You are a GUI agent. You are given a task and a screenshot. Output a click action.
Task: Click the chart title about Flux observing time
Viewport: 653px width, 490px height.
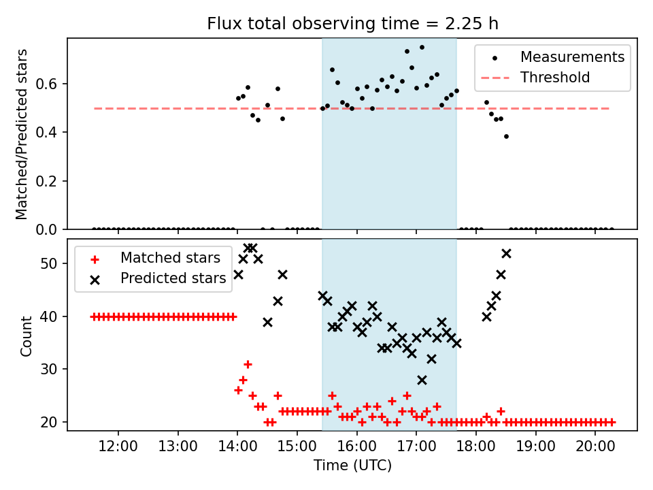click(352, 24)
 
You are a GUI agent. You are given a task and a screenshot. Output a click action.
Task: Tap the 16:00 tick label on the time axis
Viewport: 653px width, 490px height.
click(356, 448)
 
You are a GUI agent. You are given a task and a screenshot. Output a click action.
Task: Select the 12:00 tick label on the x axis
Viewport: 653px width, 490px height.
click(118, 448)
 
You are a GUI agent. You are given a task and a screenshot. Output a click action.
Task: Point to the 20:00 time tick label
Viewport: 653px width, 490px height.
click(595, 448)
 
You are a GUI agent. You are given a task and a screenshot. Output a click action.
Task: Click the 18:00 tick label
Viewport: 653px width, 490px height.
click(476, 448)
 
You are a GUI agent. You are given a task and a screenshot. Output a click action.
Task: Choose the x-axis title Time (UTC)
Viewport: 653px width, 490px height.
click(352, 466)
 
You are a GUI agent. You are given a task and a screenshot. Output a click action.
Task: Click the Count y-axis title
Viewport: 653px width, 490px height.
click(27, 336)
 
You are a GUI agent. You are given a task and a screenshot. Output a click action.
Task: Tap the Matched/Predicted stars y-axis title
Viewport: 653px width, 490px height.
click(22, 134)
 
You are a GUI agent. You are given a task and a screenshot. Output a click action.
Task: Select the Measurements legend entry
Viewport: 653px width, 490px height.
click(572, 57)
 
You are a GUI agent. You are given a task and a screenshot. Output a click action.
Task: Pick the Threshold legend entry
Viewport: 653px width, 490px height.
click(555, 78)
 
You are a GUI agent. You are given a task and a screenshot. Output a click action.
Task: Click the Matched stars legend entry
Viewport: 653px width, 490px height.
click(170, 258)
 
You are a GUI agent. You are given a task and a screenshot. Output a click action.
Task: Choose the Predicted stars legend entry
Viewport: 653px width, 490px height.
click(173, 278)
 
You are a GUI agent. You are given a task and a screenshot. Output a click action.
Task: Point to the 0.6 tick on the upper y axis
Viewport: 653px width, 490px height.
click(52, 84)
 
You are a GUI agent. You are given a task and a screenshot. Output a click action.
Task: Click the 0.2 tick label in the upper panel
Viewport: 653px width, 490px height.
click(52, 181)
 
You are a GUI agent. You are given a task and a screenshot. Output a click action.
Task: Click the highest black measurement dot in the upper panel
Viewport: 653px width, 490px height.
click(422, 48)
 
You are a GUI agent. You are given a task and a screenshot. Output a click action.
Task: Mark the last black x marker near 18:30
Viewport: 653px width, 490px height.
click(506, 253)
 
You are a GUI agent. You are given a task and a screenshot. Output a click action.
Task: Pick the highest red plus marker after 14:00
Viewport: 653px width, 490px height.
click(248, 364)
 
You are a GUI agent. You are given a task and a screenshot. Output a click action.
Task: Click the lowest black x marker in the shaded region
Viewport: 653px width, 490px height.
click(422, 380)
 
